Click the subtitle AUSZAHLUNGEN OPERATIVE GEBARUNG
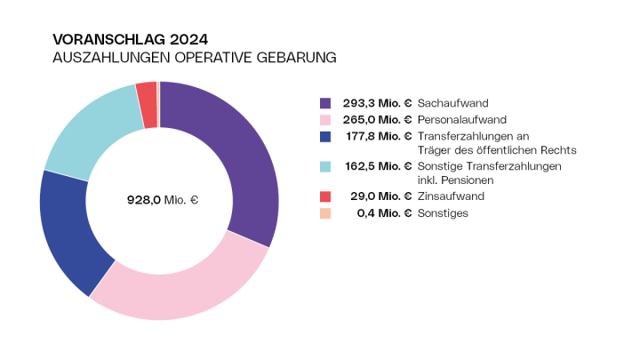[195, 58]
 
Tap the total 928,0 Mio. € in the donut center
[162, 200]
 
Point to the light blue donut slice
[89, 133]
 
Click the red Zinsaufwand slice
[147, 92]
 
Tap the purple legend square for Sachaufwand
[324, 103]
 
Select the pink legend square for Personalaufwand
[324, 119]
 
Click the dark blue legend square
[324, 136]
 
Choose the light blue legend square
[324, 166]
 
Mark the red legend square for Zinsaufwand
[324, 196]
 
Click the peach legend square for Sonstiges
[324, 213]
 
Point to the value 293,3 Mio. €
[378, 103]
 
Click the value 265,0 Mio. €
[378, 119]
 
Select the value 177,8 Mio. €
[378, 136]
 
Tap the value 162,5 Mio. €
[378, 166]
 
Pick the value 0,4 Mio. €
[384, 213]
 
